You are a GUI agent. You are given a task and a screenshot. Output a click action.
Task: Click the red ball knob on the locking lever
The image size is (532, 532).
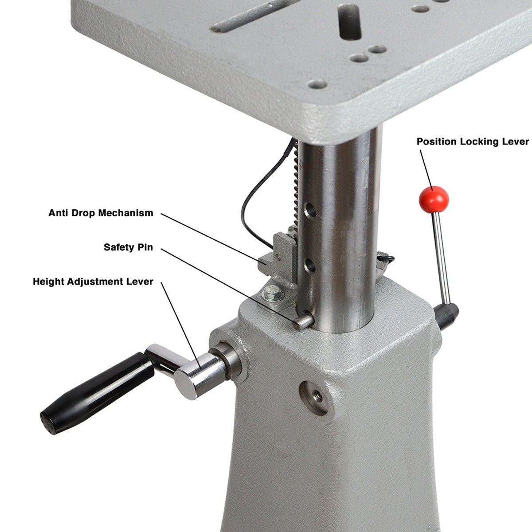(434, 199)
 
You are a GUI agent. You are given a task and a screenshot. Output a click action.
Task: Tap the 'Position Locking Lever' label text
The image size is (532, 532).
(473, 142)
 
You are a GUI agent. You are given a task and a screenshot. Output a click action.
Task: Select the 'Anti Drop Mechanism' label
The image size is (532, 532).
(101, 213)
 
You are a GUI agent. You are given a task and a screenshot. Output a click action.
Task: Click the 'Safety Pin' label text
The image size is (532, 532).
(128, 247)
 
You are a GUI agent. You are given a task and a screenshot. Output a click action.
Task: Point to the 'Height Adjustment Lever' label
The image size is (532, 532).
(93, 282)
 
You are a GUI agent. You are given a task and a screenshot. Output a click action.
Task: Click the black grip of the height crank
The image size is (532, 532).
(95, 389)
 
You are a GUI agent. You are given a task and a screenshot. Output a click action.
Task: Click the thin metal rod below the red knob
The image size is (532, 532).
(441, 257)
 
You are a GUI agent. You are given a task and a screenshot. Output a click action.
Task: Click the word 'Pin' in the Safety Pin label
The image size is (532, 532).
(145, 247)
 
